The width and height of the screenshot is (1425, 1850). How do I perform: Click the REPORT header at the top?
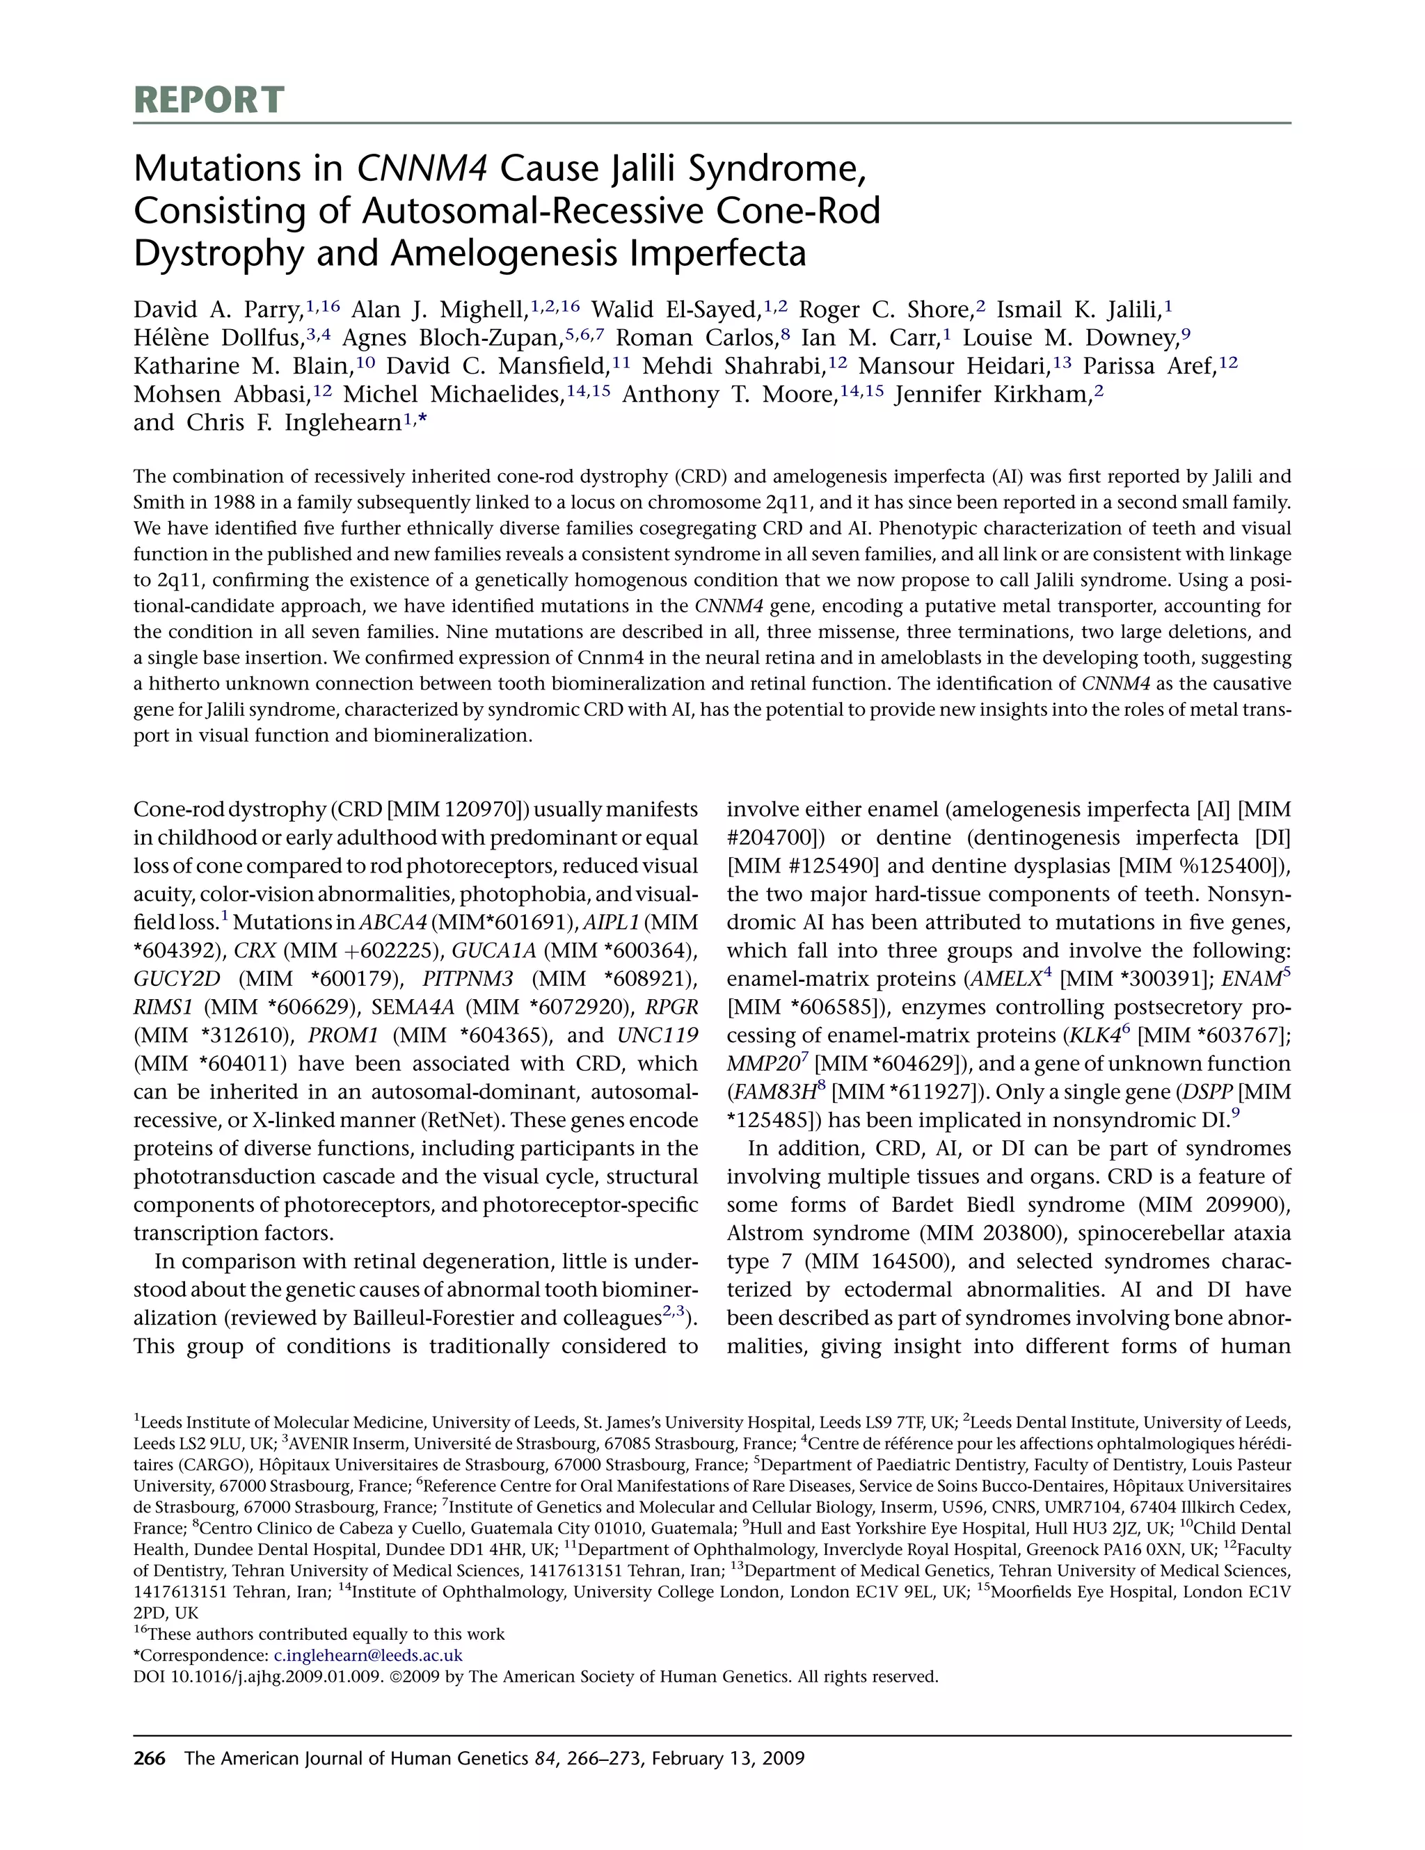(209, 100)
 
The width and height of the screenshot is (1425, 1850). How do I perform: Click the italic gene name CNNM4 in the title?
(421, 168)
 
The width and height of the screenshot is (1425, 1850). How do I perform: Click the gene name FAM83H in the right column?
(771, 1092)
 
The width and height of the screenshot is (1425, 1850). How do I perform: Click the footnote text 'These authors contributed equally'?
(326, 1634)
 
